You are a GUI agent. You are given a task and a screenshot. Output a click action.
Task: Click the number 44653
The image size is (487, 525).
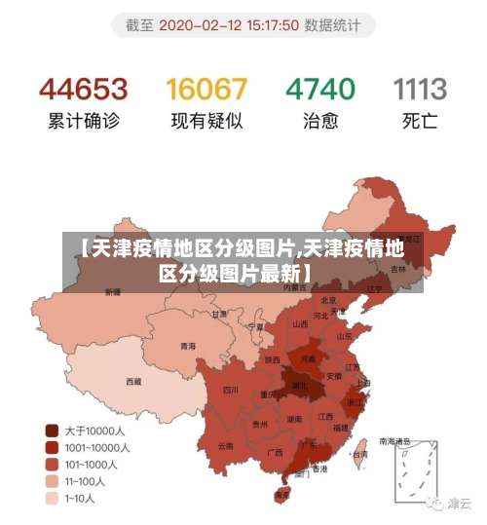tap(83, 90)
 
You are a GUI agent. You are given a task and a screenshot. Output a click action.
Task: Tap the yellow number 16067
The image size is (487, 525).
tap(206, 90)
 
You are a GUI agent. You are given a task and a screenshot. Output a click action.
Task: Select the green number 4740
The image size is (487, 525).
tap(319, 90)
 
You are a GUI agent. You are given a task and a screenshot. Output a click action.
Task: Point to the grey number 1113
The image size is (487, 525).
tap(420, 90)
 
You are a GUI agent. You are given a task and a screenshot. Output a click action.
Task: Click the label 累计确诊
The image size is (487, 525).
tap(83, 123)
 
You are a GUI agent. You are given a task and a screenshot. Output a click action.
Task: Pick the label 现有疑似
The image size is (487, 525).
tap(206, 123)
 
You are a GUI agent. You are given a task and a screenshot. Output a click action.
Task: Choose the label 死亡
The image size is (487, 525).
tap(420, 123)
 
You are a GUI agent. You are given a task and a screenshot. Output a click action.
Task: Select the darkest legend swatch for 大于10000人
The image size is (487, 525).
tap(52, 429)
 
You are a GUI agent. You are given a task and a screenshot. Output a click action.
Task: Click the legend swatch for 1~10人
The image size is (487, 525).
tap(52, 499)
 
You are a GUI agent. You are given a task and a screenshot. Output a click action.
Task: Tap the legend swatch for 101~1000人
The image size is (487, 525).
tap(52, 464)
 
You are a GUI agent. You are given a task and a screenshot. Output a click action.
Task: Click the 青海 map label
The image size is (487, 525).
tap(187, 347)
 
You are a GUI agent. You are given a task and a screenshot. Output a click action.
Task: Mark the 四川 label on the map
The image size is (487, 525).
tap(230, 389)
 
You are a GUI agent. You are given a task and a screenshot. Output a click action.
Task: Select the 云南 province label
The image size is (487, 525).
tap(225, 445)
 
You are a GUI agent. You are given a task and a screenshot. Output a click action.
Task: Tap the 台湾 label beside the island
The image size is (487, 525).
tap(359, 454)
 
